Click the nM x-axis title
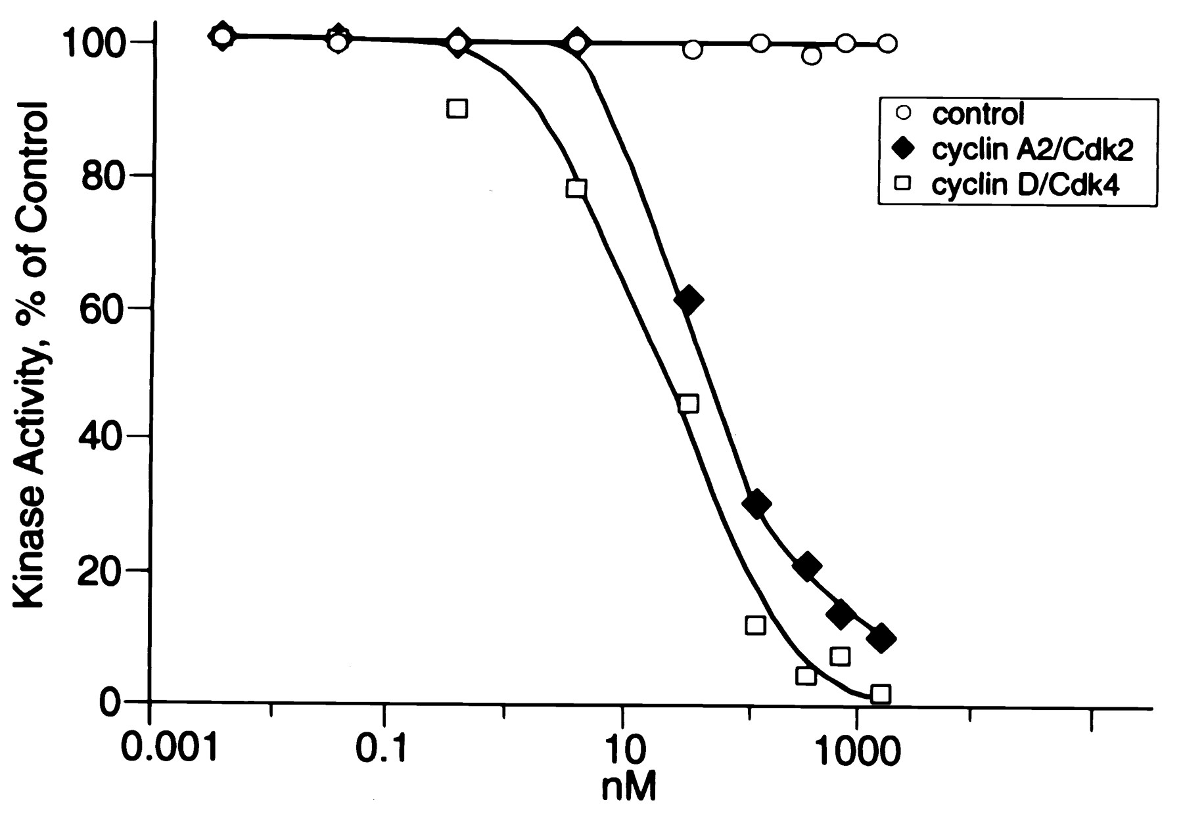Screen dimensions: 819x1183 click(x=628, y=786)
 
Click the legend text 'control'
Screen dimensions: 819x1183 click(x=978, y=114)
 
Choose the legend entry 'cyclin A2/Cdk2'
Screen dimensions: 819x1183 click(x=1032, y=150)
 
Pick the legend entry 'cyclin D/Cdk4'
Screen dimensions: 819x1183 click(x=1025, y=186)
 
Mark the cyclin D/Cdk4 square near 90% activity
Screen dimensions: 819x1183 click(x=457, y=108)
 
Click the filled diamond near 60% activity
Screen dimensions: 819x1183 click(x=688, y=300)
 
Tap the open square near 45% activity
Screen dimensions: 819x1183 click(x=688, y=403)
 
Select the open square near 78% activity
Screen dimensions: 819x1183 click(x=576, y=188)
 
